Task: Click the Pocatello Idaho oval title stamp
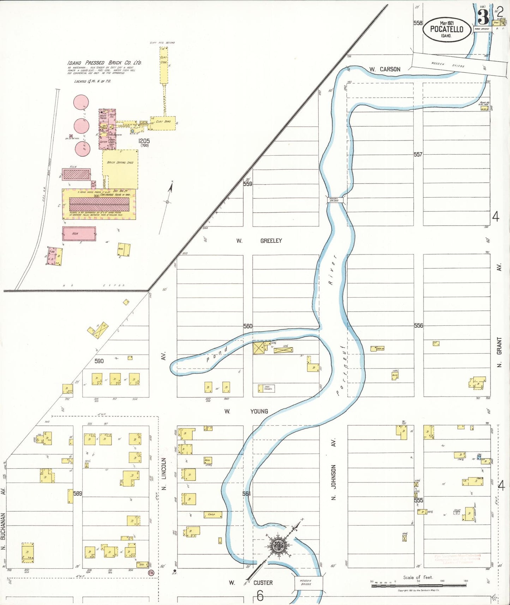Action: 446,29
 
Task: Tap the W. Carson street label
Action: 385,69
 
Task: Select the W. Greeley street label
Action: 259,241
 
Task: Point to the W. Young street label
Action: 247,411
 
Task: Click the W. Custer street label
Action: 251,582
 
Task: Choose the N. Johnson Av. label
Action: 334,469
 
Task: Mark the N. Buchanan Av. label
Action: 3,526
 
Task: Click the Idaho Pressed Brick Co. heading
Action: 104,63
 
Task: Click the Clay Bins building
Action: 163,122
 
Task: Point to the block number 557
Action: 418,154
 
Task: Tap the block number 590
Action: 99,361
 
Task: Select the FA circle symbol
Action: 151,573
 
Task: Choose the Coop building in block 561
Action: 213,515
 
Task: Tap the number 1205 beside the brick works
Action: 144,141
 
